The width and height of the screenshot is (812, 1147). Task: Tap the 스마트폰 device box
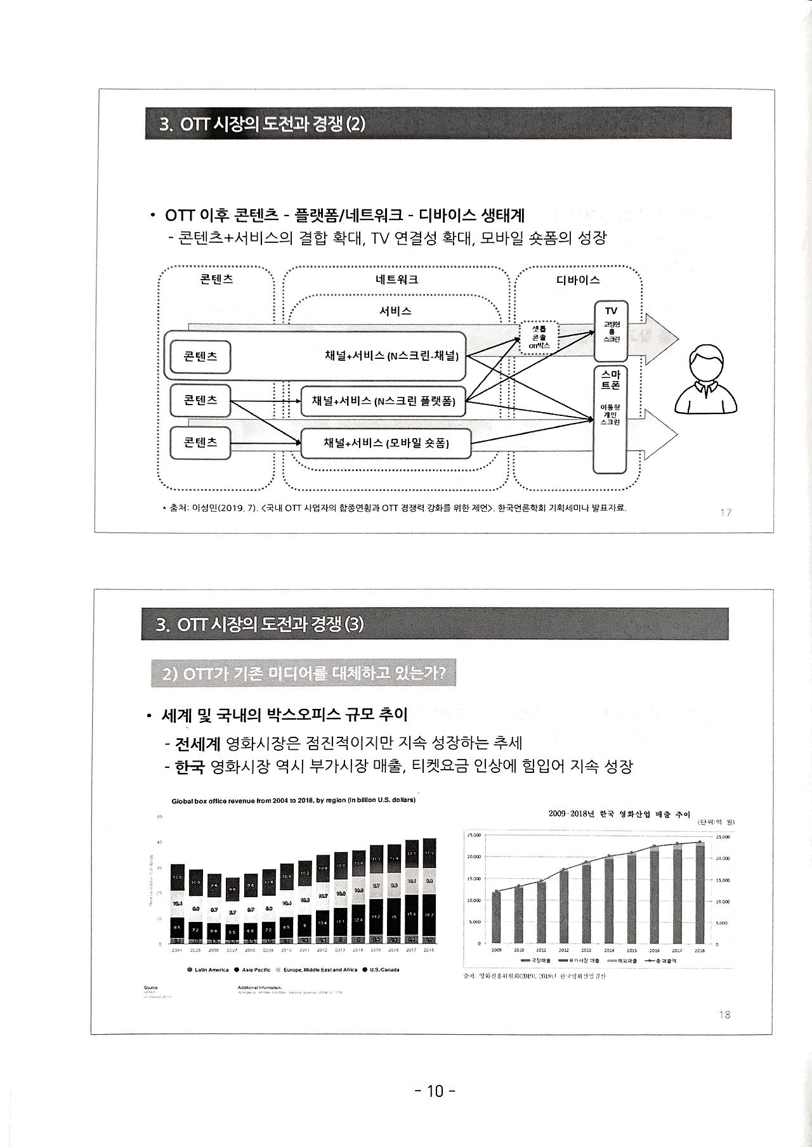(610, 418)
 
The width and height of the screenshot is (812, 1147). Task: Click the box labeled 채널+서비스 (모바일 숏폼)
(386, 443)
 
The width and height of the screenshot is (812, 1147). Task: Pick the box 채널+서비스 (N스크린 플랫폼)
(383, 401)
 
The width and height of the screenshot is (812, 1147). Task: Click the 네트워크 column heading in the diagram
(396, 280)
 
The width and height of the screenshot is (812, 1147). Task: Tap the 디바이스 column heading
(578, 280)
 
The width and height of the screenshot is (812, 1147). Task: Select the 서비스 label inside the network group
(395, 311)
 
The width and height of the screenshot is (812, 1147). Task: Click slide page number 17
(726, 512)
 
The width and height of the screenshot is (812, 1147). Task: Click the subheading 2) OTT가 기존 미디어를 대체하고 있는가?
(304, 674)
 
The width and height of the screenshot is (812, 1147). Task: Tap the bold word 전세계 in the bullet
(197, 742)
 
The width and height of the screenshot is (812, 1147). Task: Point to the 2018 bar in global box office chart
(429, 890)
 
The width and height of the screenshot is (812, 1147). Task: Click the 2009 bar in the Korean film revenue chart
(496, 916)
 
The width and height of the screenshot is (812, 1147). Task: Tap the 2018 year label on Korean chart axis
(700, 950)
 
